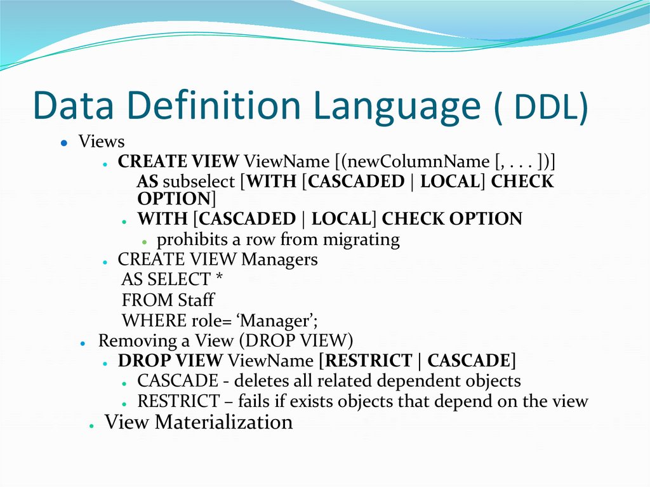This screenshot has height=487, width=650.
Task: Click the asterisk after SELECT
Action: pyautogui.click(x=220, y=279)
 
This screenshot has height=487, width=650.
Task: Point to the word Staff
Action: pyautogui.click(x=196, y=299)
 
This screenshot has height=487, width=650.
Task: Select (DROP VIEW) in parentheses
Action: pyautogui.click(x=302, y=340)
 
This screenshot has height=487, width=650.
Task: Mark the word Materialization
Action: pyautogui.click(x=223, y=422)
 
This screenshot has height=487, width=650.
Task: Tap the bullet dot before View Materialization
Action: pyautogui.click(x=92, y=425)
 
